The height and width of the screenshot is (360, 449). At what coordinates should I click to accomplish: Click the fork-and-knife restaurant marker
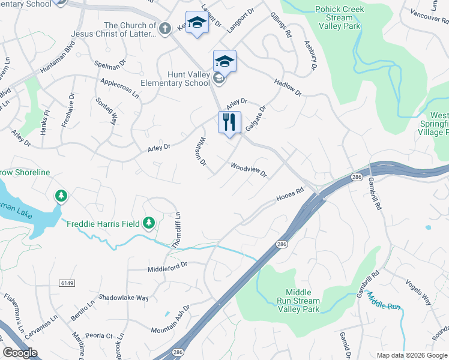[229, 123]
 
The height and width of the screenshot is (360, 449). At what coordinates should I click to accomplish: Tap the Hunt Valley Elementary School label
[175, 79]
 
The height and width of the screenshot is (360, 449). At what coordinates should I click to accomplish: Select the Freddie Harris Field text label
[103, 224]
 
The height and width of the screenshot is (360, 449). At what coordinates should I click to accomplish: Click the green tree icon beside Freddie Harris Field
[149, 224]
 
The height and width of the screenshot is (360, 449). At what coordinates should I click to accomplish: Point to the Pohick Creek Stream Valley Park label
[339, 17]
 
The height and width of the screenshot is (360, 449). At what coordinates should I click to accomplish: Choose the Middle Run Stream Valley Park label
[298, 301]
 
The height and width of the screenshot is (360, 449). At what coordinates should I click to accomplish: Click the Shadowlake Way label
[124, 298]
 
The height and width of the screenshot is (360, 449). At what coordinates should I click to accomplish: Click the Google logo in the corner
[20, 353]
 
